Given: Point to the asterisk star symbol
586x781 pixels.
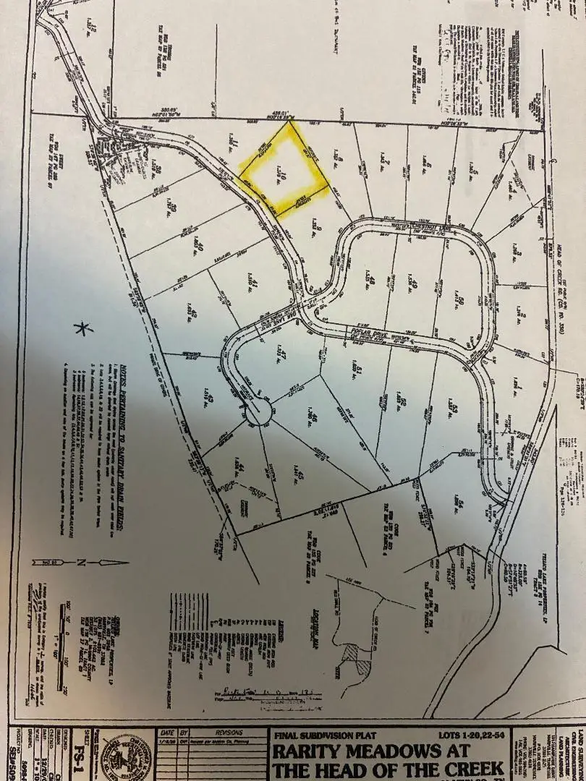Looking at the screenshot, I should [85, 329].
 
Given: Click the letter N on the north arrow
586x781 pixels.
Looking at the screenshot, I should [82, 562].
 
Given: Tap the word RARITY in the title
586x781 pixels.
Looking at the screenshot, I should [313, 751].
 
